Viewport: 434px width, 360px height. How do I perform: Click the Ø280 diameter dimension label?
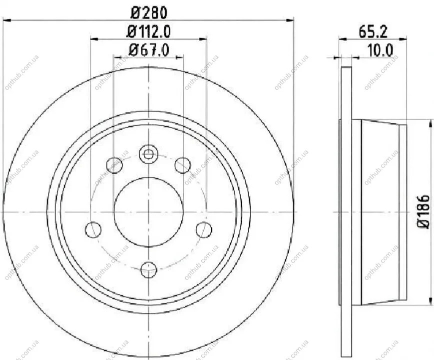[149, 12]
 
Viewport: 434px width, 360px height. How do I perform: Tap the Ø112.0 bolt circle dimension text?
[149, 31]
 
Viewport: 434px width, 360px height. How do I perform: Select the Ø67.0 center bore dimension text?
[149, 50]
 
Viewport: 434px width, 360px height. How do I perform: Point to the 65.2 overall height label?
[373, 32]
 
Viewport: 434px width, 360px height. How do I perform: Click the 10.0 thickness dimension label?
[380, 50]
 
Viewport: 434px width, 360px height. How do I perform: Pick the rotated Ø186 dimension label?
[423, 211]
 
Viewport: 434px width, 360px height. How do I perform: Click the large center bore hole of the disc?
[149, 212]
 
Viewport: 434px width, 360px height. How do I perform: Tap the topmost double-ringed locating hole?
[148, 154]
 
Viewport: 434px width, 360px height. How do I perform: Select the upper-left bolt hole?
[114, 165]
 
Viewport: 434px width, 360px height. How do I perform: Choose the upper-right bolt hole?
[183, 165]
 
